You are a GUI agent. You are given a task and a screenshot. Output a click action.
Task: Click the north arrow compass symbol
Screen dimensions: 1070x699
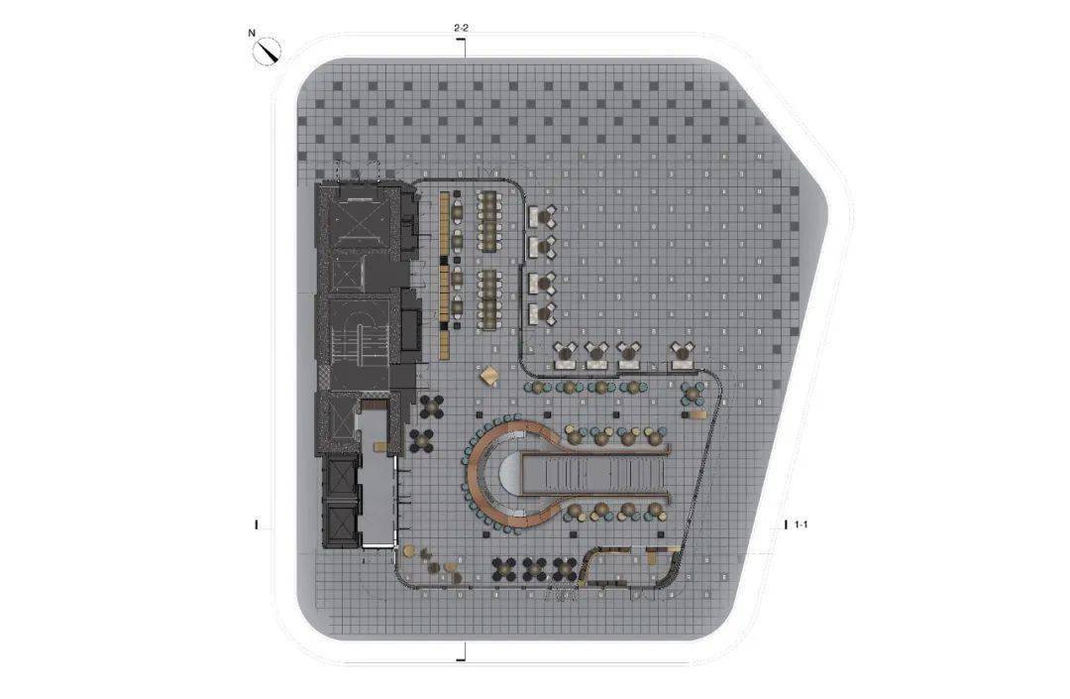pyautogui.click(x=267, y=52)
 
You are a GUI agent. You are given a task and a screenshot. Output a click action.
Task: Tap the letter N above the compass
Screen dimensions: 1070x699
pyautogui.click(x=252, y=32)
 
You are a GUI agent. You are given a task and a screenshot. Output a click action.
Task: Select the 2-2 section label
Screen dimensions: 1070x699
pyautogui.click(x=462, y=28)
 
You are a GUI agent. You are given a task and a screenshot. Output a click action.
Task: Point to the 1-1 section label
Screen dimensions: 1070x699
pyautogui.click(x=802, y=524)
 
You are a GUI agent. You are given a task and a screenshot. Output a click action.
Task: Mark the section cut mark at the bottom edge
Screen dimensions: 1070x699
pyautogui.click(x=463, y=651)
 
